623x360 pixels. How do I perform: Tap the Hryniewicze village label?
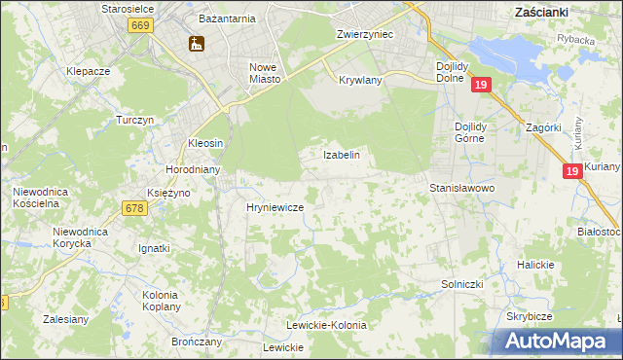point(275,208)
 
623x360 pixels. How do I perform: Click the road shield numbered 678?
point(135,207)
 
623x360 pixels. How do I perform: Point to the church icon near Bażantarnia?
point(196,44)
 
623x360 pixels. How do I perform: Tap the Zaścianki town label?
point(541,12)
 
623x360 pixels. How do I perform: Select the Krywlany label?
point(360,80)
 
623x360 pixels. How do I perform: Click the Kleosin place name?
point(205,143)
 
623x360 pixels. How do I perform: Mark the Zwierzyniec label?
point(363,34)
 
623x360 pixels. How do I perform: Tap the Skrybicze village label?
point(529,317)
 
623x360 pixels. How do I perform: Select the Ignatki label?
point(154,248)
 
